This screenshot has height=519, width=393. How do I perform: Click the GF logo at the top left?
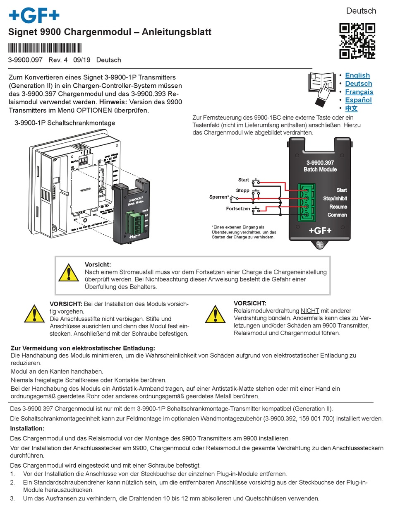[x=34, y=16]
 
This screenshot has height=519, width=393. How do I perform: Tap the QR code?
[x=357, y=41]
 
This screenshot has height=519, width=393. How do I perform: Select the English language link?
[x=357, y=75]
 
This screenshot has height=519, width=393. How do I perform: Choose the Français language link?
[x=359, y=92]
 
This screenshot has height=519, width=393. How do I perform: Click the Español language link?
[x=358, y=100]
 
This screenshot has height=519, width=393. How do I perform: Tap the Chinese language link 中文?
[x=351, y=108]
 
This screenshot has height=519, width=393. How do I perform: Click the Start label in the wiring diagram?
[x=243, y=180]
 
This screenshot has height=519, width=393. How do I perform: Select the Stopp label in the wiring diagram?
[x=242, y=190]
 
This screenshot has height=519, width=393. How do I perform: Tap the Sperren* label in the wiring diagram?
[x=219, y=197]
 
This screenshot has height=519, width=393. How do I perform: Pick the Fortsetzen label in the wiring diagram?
[x=238, y=209]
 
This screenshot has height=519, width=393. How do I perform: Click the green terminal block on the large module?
[x=306, y=202]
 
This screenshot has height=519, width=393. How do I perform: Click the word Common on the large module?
[x=337, y=215]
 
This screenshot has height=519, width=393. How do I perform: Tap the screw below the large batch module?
[x=320, y=245]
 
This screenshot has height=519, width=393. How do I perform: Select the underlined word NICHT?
[x=310, y=310]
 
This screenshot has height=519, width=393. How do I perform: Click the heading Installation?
[x=27, y=428]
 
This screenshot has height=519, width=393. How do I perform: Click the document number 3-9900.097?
[x=25, y=60]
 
